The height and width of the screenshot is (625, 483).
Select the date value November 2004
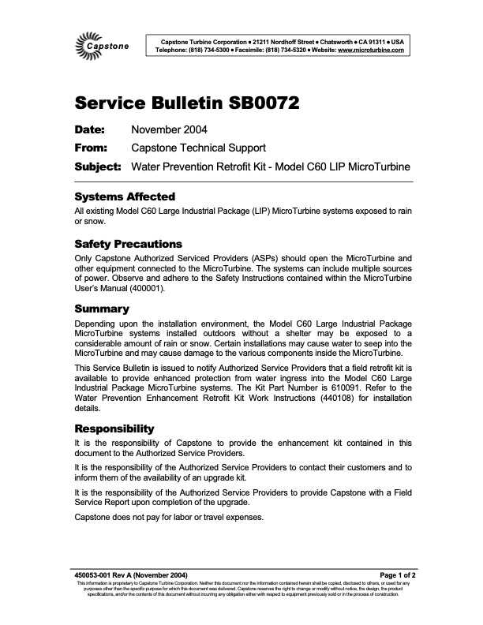click(170, 129)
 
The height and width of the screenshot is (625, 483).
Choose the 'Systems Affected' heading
click(124, 196)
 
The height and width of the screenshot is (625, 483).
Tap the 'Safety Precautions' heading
click(128, 244)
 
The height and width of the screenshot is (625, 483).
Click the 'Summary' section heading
click(101, 309)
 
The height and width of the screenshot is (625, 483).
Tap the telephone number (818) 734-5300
click(208, 50)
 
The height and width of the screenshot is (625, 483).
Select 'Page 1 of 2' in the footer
click(390, 575)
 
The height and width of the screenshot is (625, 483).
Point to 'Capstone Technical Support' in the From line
click(198, 148)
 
